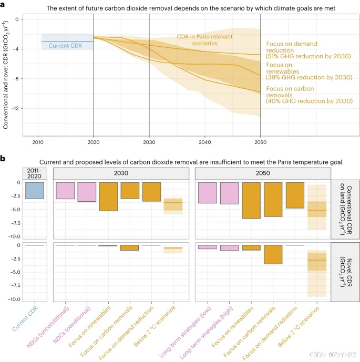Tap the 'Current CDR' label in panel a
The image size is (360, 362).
pos(64,46)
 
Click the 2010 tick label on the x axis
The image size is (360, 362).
pos(38,142)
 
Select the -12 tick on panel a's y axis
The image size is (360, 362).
pos(15,108)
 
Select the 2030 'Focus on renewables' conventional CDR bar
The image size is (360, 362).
pos(108,196)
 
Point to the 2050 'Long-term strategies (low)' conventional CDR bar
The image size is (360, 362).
pos(208,192)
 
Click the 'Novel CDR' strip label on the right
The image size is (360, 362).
pos(344,271)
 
